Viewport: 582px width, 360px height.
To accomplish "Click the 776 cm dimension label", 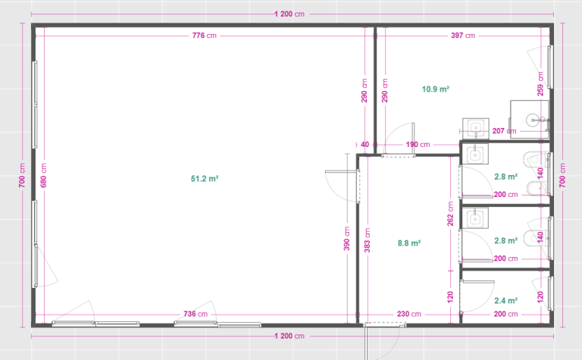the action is click(x=204, y=36).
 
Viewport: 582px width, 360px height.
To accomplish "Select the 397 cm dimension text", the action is click(x=463, y=36).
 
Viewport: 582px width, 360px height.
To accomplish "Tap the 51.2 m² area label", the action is click(x=205, y=179).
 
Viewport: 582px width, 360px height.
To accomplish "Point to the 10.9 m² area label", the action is click(x=436, y=89).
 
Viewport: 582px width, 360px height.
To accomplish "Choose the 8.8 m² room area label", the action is click(x=409, y=243).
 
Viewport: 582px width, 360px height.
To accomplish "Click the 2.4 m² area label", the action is click(x=505, y=301).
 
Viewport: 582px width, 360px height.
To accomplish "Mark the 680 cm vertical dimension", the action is click(x=44, y=175).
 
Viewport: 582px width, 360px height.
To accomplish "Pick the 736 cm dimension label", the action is click(x=196, y=314).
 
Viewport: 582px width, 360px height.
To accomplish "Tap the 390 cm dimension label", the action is click(x=346, y=238).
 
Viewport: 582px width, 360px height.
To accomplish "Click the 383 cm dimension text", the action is click(x=367, y=240).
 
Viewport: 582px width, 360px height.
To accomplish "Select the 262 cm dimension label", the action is click(x=450, y=214).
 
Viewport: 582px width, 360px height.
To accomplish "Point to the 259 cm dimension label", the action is click(x=540, y=84).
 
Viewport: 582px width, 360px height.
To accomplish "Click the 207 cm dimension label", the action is click(x=504, y=131).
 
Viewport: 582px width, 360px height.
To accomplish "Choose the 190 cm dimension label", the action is click(x=418, y=144).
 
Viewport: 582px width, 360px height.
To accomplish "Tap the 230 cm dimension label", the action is click(x=409, y=314).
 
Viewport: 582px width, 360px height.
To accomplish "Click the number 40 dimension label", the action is click(x=365, y=144).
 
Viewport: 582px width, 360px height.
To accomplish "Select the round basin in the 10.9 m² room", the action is click(x=532, y=120).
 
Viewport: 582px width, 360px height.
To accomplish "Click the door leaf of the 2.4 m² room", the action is click(x=478, y=282).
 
